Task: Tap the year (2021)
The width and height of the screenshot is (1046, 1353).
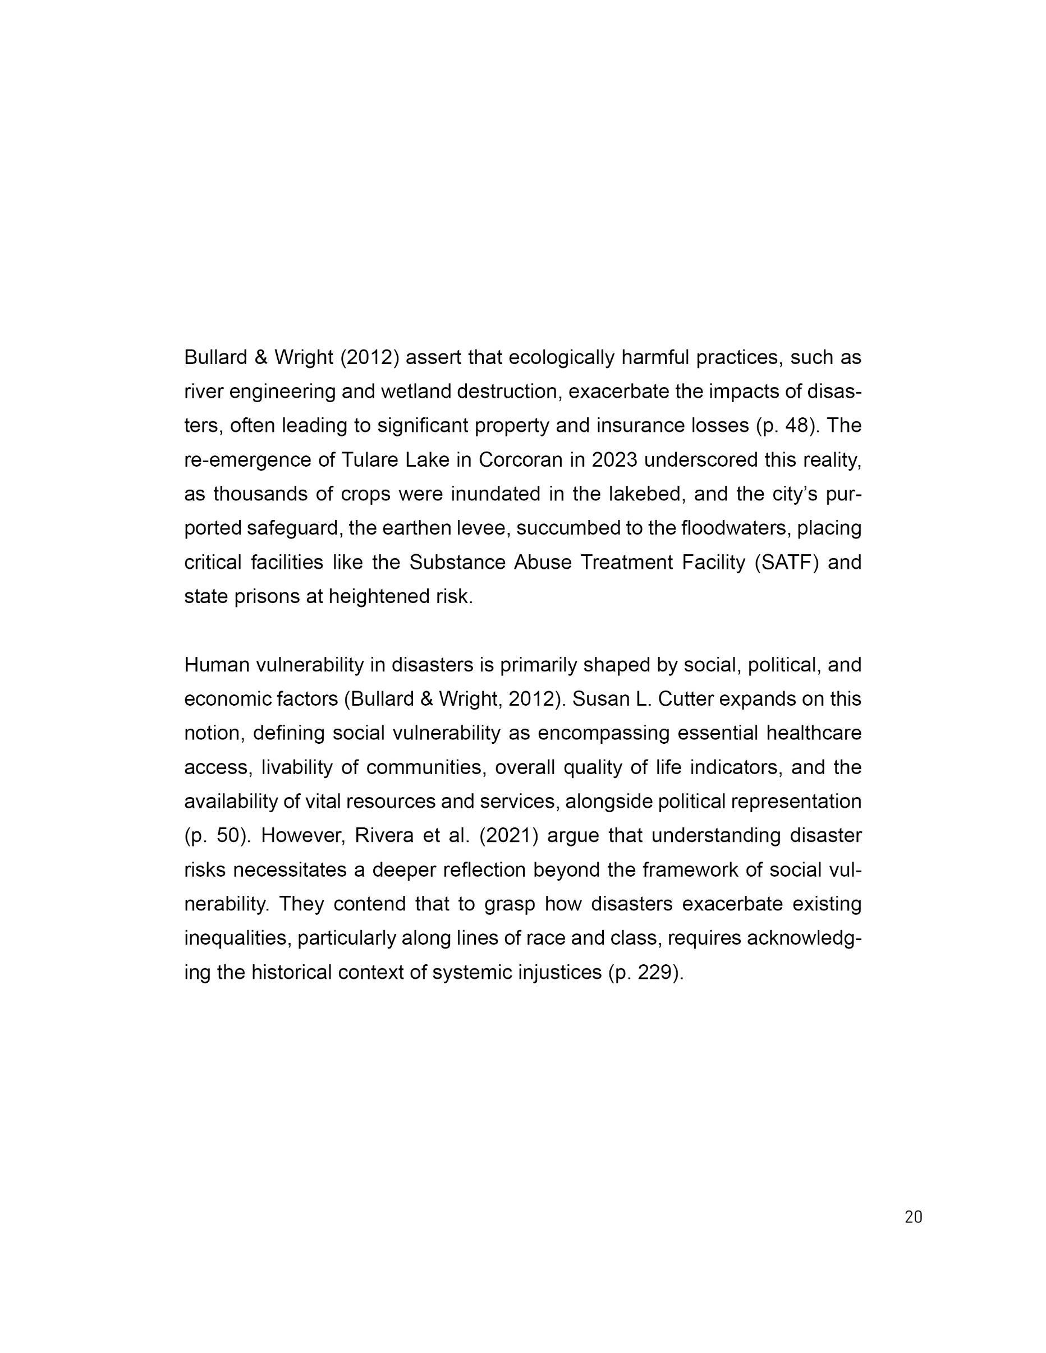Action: (x=508, y=835)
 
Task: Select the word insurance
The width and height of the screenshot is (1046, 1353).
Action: (x=638, y=426)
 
